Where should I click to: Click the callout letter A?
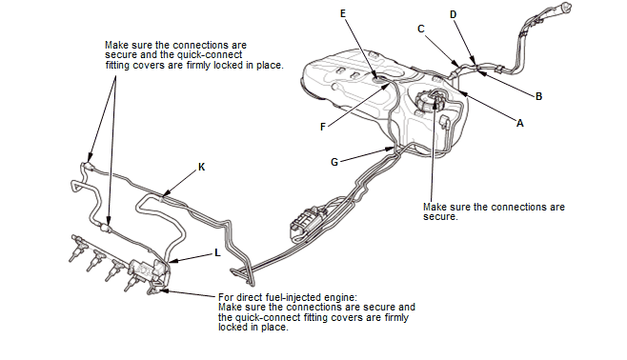[x=520, y=123]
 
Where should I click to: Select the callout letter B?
[x=538, y=96]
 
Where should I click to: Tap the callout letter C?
[x=420, y=29]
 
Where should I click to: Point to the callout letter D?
[x=453, y=15]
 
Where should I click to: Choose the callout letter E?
[x=343, y=13]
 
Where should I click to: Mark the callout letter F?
[x=323, y=127]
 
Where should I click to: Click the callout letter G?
[x=334, y=162]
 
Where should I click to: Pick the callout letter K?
[x=202, y=167]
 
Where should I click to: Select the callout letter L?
[x=217, y=253]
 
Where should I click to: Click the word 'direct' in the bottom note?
[x=250, y=298]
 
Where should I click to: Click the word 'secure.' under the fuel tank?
[x=440, y=217]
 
